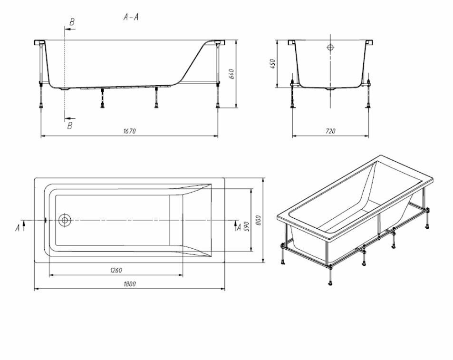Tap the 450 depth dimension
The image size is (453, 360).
tap(273, 64)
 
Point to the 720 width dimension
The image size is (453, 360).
tap(330, 132)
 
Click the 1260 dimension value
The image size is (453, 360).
tap(116, 270)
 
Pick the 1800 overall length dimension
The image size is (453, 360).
tap(129, 284)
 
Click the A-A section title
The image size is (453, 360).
tap(131, 17)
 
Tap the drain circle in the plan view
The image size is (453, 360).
tap(65, 220)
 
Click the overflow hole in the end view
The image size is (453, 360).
tap(330, 48)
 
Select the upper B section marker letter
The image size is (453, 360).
tap(71, 22)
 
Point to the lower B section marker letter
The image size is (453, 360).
tap(70, 126)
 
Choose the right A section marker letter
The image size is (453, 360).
tap(239, 228)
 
